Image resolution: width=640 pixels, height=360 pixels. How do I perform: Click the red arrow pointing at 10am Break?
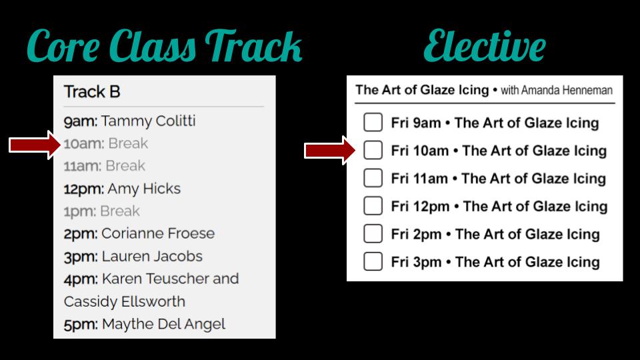[35, 145]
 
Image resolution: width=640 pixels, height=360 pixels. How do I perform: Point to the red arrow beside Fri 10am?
[330, 150]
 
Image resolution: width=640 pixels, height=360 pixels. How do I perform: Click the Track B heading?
[92, 92]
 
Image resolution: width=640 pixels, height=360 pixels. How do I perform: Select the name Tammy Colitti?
[148, 121]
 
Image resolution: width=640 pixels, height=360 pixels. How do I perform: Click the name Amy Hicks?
[144, 189]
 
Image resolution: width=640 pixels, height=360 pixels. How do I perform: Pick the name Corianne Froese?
[158, 233]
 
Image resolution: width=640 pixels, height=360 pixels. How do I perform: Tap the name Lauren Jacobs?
[152, 256]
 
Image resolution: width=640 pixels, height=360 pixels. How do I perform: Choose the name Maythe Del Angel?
[164, 324]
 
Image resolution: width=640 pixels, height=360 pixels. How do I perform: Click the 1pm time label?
[80, 211]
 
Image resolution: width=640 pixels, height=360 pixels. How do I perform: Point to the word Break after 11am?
[125, 166]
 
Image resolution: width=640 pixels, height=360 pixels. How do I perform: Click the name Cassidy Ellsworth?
[125, 301]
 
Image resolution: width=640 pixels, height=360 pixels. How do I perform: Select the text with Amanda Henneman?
[557, 90]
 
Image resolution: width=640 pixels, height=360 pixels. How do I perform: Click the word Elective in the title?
[485, 46]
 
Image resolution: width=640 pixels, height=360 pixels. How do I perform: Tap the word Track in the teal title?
[253, 46]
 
